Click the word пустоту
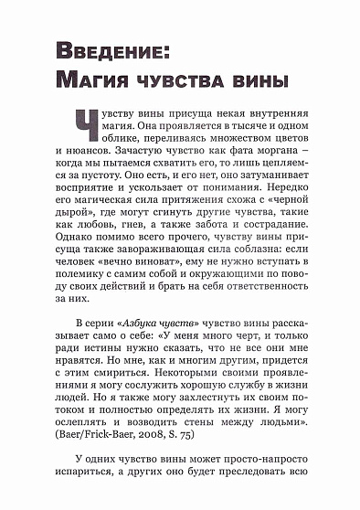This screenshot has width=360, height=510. (101, 182)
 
